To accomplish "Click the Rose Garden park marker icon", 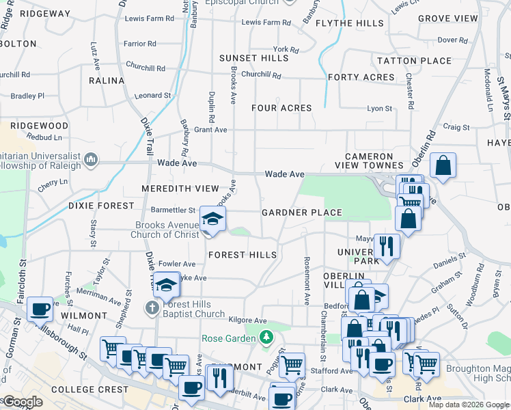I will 266,338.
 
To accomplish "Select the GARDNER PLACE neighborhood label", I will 302,213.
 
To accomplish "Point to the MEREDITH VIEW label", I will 180,189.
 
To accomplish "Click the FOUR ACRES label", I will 281,108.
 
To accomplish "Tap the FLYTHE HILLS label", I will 350,23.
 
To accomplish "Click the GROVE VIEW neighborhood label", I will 448,18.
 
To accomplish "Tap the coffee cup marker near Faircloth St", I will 40,309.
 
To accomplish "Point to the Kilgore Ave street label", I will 247,320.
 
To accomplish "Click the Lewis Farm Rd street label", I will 266,23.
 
